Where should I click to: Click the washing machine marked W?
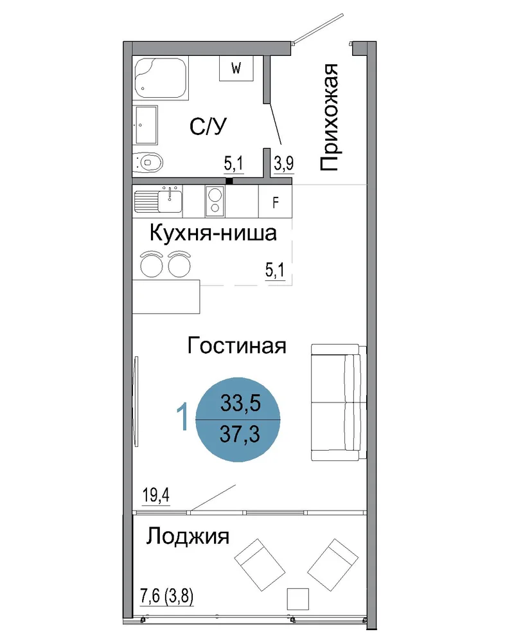pyautogui.click(x=236, y=68)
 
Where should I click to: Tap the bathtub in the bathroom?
pyautogui.click(x=160, y=78)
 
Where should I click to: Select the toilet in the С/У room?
pyautogui.click(x=148, y=163)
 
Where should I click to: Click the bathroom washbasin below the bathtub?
pyautogui.click(x=145, y=125)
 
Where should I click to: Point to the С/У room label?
pyautogui.click(x=208, y=126)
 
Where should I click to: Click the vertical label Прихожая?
pyautogui.click(x=329, y=117)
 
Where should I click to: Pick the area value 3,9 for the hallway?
pyautogui.click(x=283, y=163)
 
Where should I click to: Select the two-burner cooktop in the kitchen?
pyautogui.click(x=215, y=201)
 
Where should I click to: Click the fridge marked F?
pyautogui.click(x=276, y=202)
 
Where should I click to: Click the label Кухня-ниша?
pyautogui.click(x=213, y=233)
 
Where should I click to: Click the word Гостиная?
pyautogui.click(x=236, y=345)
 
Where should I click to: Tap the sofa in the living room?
pyautogui.click(x=339, y=402)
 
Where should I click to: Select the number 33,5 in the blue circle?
pyautogui.click(x=240, y=403)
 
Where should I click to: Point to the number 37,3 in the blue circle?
pyautogui.click(x=240, y=434)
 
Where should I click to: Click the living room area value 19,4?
pyautogui.click(x=155, y=495)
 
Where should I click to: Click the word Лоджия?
pyautogui.click(x=188, y=536)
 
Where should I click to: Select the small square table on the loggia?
pyautogui.click(x=297, y=599)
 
